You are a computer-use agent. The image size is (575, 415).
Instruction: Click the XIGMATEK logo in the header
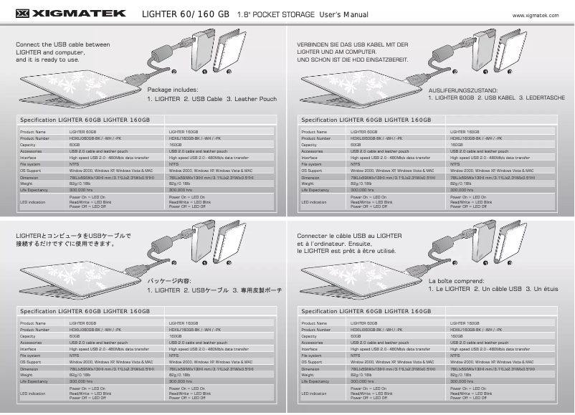[70, 13]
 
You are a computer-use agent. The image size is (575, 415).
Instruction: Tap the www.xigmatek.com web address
[536, 14]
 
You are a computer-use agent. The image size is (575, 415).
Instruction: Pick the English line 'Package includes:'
[172, 90]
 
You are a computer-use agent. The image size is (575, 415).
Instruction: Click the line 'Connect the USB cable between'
[62, 44]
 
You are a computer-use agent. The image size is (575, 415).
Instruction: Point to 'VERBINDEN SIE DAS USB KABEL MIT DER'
[352, 44]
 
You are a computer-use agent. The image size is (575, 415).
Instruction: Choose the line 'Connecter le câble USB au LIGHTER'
[349, 235]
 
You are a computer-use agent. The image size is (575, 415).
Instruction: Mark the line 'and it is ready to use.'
[47, 59]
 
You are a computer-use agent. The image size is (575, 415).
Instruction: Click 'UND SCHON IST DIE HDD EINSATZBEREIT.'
[352, 59]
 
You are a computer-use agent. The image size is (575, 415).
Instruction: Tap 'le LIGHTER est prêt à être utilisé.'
[346, 252]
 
